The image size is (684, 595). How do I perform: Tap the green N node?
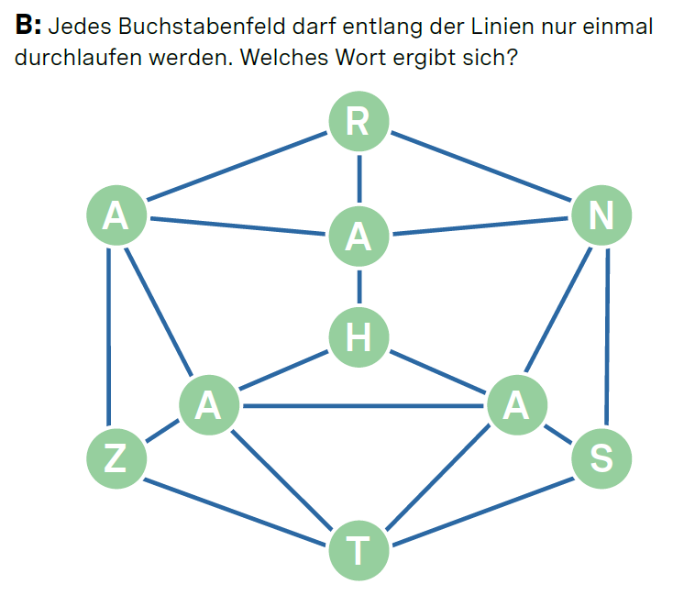pos(601,215)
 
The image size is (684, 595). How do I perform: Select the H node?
pos(359,337)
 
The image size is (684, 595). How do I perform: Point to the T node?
pos(359,551)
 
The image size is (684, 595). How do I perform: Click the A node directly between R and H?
pos(359,236)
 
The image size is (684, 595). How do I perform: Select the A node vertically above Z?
pos(116,215)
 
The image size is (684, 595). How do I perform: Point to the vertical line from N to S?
pos(605,336)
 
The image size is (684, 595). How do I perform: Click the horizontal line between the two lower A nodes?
pos(362,406)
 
